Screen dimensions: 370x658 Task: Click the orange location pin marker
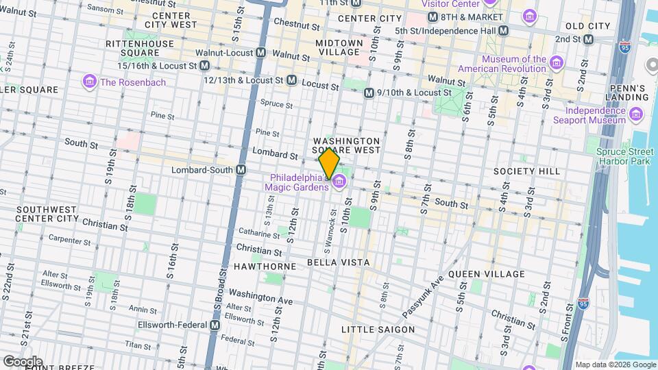coord(329,163)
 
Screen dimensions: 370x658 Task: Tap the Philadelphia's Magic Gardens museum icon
coord(339,182)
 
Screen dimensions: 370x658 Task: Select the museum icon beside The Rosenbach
coord(89,82)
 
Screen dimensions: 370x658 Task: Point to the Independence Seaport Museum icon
coord(637,114)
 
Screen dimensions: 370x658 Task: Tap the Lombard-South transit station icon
coord(241,170)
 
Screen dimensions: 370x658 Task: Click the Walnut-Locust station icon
coord(261,53)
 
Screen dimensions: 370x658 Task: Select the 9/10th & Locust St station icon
coord(369,92)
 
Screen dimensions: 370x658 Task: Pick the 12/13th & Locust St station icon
coord(291,80)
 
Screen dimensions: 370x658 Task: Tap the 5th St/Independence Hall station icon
coord(504,31)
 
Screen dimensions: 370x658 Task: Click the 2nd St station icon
coord(588,39)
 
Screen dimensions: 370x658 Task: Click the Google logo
coord(22,361)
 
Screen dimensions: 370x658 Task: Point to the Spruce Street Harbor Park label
coord(622,156)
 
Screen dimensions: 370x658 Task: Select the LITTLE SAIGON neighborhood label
coord(378,330)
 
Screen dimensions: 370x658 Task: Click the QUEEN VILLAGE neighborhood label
coord(487,274)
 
